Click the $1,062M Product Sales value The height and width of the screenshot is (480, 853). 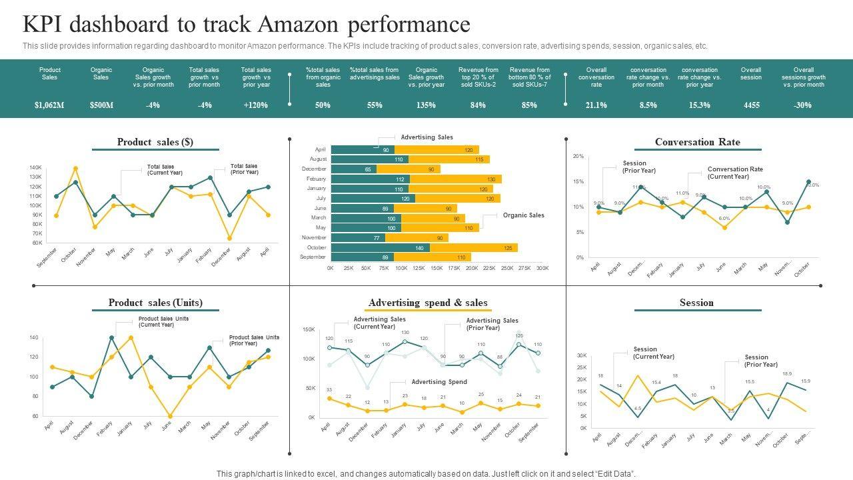tap(49, 105)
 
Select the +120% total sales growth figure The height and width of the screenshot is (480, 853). tap(256, 105)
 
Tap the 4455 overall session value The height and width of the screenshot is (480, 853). tap(751, 105)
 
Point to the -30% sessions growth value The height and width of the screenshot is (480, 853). tap(803, 105)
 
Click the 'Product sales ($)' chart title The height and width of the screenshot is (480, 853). tap(155, 142)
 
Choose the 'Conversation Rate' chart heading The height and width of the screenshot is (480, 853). tap(697, 142)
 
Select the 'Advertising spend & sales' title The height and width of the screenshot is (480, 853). tap(428, 303)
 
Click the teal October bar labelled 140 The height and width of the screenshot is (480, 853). tap(380, 248)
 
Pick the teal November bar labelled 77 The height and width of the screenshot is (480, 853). tap(358, 238)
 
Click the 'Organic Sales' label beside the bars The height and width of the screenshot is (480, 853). tap(523, 215)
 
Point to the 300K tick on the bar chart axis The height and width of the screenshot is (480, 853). tap(542, 268)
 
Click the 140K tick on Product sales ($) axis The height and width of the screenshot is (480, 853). tap(36, 167)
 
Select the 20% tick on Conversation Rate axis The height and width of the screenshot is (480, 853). tap(578, 157)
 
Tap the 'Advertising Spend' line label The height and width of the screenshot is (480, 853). tap(438, 382)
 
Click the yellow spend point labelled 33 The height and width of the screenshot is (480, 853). tap(329, 399)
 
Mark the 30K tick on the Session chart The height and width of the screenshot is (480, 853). tap(581, 356)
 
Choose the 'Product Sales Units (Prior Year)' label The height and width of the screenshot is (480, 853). tap(254, 341)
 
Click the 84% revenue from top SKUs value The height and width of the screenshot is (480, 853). tap(478, 105)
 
